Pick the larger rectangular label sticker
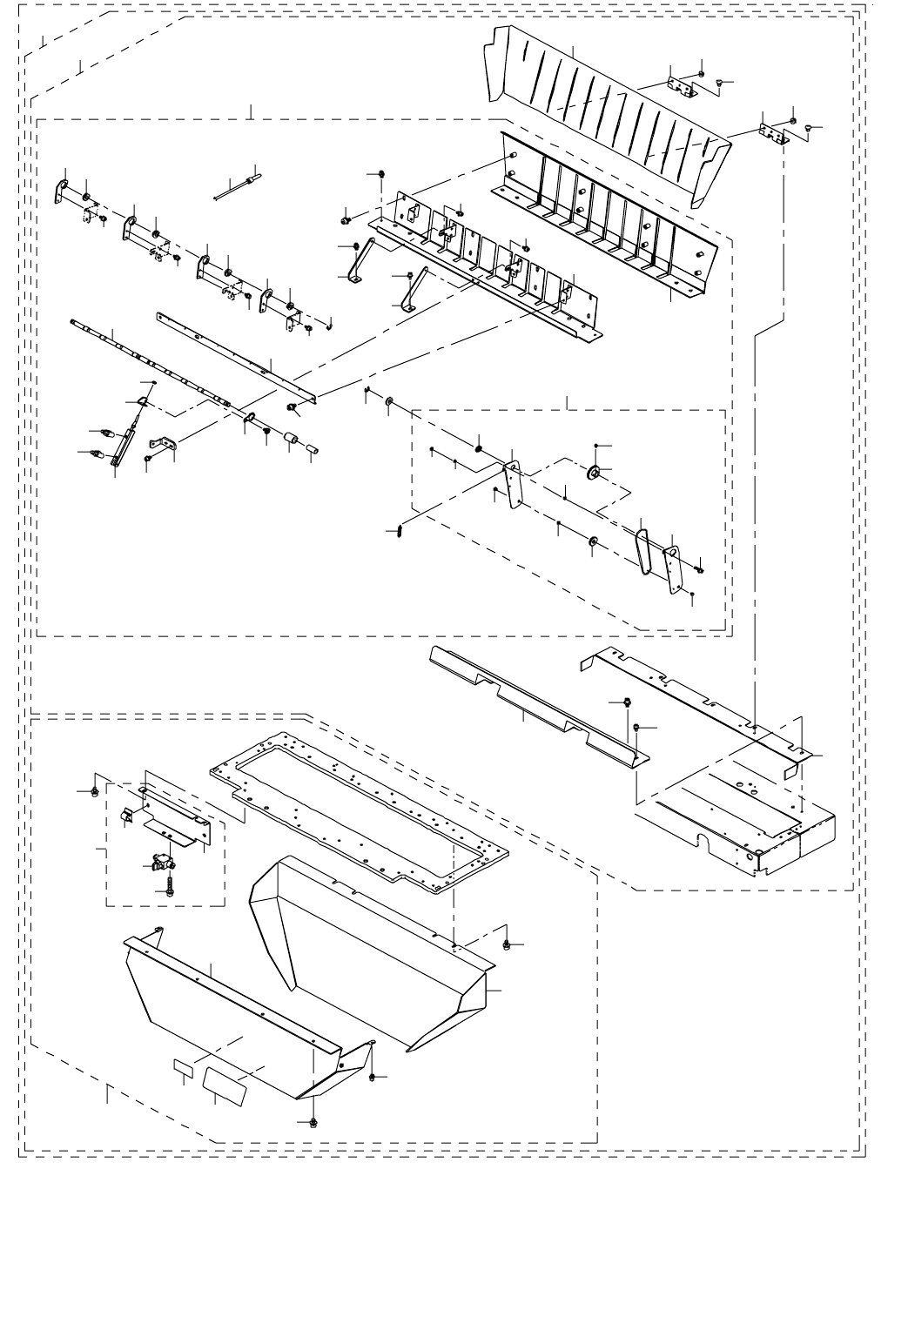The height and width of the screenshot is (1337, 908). click(225, 1083)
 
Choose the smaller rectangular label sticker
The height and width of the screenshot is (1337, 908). click(184, 1067)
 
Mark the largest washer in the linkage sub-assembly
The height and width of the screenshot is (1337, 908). click(595, 474)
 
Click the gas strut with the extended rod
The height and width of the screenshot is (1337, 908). click(126, 435)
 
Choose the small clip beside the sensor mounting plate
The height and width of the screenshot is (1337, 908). click(124, 815)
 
